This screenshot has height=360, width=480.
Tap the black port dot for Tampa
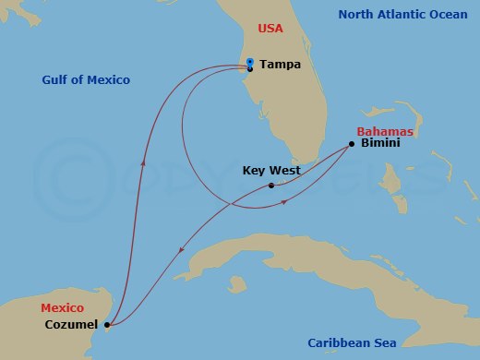coord(250,69)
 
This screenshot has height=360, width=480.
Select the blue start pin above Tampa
coord(250,62)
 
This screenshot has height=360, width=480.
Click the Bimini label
coord(379,144)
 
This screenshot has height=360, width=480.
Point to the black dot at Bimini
coord(352,143)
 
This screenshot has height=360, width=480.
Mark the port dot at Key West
coord(270,186)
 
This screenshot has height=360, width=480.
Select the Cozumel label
coord(71,325)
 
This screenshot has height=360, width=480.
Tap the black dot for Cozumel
coord(107,325)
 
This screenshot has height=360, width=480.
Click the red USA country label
coord(270,29)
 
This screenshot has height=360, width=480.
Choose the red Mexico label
coord(62,307)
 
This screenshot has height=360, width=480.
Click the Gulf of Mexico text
coord(86,80)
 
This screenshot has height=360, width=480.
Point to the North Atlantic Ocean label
coord(402,15)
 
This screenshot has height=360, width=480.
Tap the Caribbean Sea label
coord(352,343)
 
